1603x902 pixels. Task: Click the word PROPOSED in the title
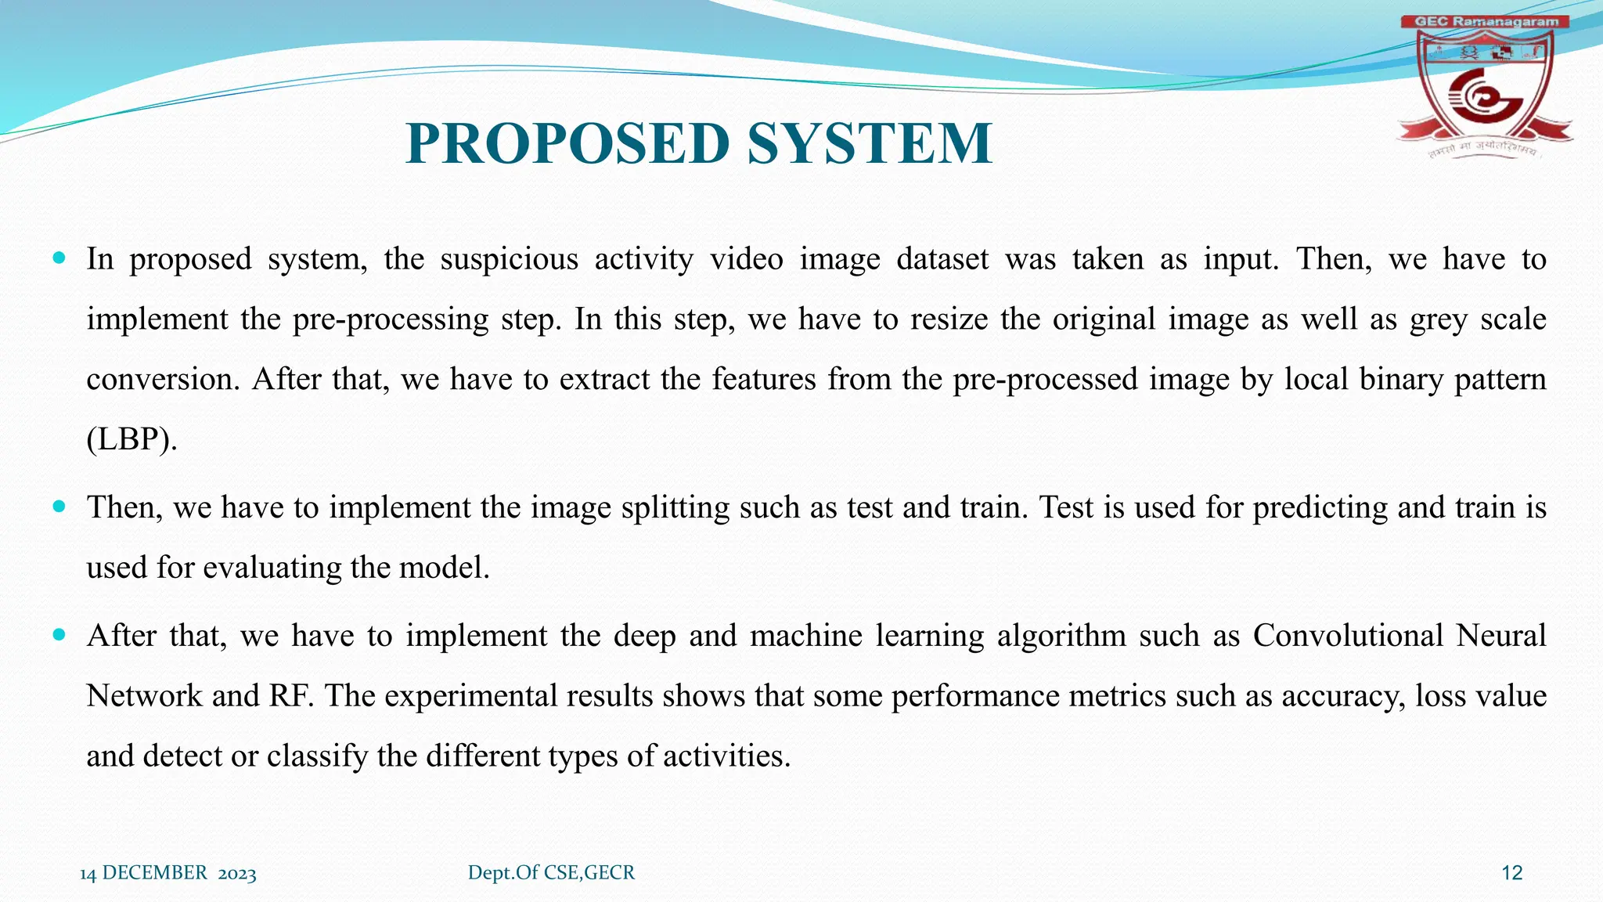click(568, 143)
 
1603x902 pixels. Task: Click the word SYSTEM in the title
click(870, 143)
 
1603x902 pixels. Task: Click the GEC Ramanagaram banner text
click(1485, 22)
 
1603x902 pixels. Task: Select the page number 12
click(1511, 873)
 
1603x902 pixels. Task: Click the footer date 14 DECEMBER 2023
click(168, 873)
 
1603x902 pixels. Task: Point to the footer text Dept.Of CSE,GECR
click(551, 872)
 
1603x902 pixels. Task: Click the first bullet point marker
click(59, 258)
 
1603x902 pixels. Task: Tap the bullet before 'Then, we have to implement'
click(59, 506)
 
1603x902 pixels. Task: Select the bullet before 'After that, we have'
click(59, 634)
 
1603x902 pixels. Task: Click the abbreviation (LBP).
click(131, 439)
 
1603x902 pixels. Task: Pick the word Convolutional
click(1347, 635)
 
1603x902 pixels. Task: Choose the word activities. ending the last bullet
click(726, 756)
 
